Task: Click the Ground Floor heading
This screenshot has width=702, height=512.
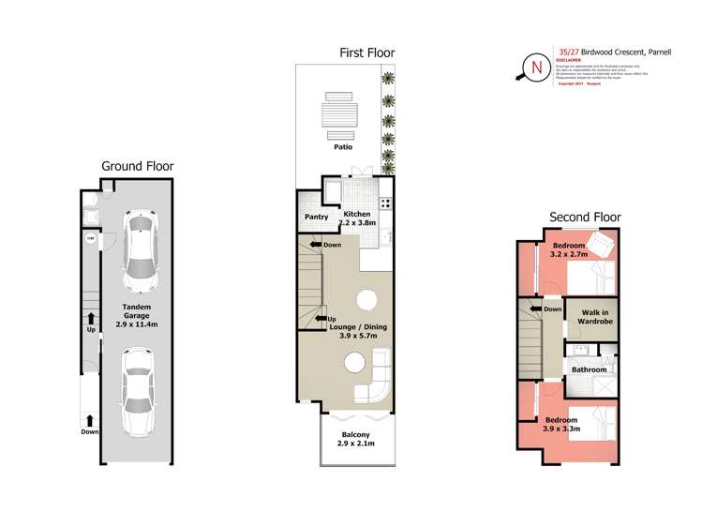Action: click(137, 166)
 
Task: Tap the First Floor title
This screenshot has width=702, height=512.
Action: click(367, 53)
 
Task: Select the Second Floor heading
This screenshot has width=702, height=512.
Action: click(584, 218)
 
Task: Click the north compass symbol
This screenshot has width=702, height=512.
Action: click(535, 67)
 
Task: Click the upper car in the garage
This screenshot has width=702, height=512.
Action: click(139, 248)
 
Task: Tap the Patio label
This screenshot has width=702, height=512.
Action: click(343, 147)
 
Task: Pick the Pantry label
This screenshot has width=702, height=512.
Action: click(316, 218)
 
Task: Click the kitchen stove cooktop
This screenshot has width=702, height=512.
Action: click(385, 203)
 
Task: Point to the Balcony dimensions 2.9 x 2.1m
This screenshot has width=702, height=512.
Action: click(356, 444)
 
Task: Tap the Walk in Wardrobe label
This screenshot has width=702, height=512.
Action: click(595, 316)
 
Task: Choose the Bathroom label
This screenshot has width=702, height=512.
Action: click(590, 369)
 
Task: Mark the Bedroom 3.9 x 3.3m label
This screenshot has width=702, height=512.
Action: click(561, 423)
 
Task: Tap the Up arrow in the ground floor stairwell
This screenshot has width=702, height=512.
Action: click(91, 319)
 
